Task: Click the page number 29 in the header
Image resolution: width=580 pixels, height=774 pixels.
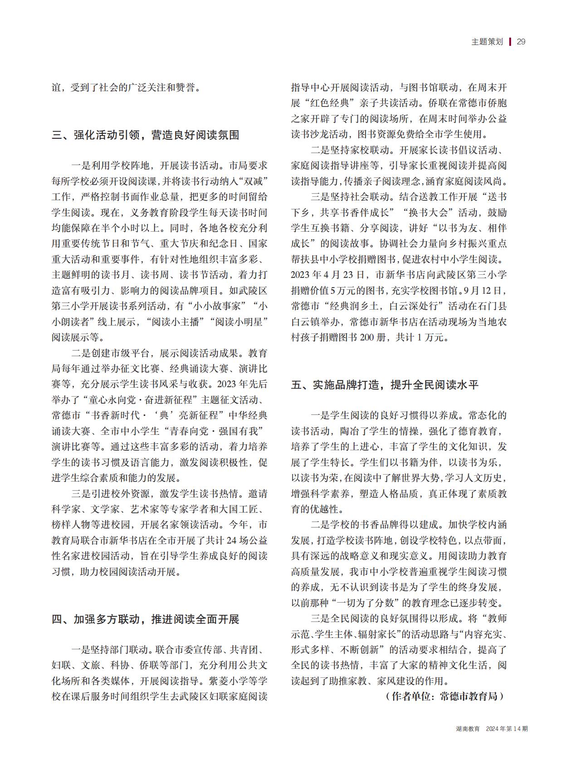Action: [521, 42]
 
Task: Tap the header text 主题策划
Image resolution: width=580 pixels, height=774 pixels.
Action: [487, 42]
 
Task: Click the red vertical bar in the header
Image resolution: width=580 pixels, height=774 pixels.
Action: [510, 42]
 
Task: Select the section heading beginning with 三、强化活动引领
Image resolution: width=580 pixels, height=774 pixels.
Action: [146, 135]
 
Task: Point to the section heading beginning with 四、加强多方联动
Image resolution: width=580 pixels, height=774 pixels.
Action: [146, 619]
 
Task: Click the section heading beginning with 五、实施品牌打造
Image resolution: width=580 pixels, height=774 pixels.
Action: [385, 385]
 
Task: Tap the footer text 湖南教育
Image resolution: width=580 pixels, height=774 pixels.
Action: [468, 729]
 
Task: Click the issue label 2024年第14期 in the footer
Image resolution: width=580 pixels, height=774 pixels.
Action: [507, 729]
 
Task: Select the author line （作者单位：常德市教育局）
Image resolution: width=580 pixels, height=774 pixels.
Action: [444, 696]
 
